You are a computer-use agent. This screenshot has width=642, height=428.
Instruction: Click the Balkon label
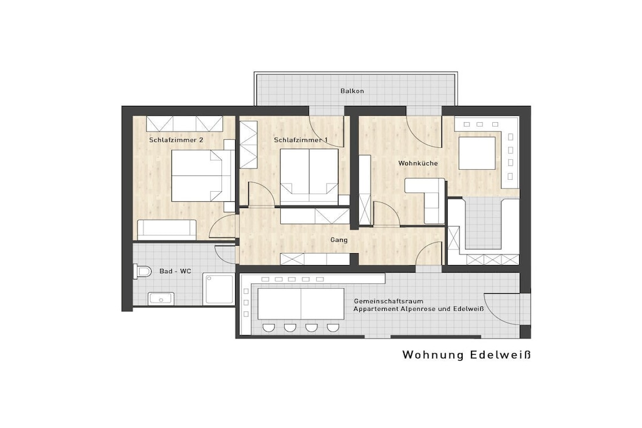(352, 91)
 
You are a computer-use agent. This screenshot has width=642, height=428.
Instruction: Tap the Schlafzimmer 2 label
(176, 140)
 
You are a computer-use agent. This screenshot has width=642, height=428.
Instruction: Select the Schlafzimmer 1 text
(301, 140)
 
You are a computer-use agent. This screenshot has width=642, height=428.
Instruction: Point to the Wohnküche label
(418, 164)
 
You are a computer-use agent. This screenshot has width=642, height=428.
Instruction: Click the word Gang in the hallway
(339, 240)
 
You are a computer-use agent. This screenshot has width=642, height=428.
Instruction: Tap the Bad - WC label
(176, 271)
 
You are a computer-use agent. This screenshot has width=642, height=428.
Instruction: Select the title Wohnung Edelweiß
(466, 355)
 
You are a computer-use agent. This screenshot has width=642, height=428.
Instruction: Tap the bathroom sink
(161, 299)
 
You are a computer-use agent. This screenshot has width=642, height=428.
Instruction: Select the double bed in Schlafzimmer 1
(309, 176)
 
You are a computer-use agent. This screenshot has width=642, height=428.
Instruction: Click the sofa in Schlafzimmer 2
(167, 230)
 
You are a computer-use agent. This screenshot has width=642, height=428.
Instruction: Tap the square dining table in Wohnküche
(477, 153)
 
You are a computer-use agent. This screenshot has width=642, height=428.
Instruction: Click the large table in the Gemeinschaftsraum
(301, 303)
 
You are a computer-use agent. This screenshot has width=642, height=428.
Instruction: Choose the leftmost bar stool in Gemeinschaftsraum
(268, 328)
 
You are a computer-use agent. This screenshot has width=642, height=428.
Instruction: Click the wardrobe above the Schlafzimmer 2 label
(184, 123)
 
